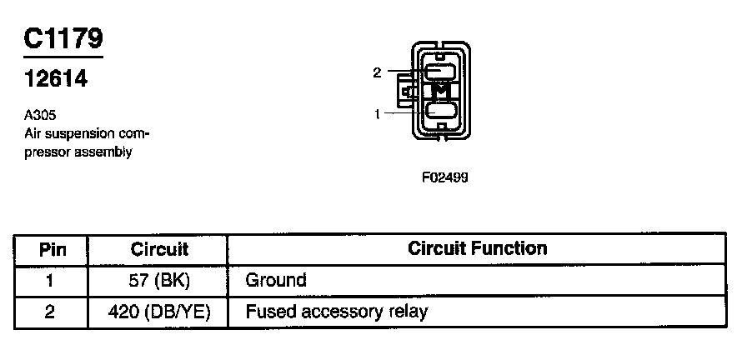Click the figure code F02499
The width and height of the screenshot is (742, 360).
tap(444, 177)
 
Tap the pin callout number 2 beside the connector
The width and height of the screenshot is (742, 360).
tap(377, 73)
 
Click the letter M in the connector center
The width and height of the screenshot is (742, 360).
tap(441, 90)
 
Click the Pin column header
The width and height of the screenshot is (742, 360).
tap(52, 249)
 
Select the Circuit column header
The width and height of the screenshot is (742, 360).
tap(159, 249)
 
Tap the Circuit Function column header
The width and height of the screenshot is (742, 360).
tap(477, 248)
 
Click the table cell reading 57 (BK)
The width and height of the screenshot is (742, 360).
tap(159, 280)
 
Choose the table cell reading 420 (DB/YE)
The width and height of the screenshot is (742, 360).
tap(159, 312)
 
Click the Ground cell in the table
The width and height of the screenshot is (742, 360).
tap(276, 280)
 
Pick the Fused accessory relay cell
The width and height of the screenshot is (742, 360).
tap(337, 312)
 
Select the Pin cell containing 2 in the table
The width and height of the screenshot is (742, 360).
tap(52, 312)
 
